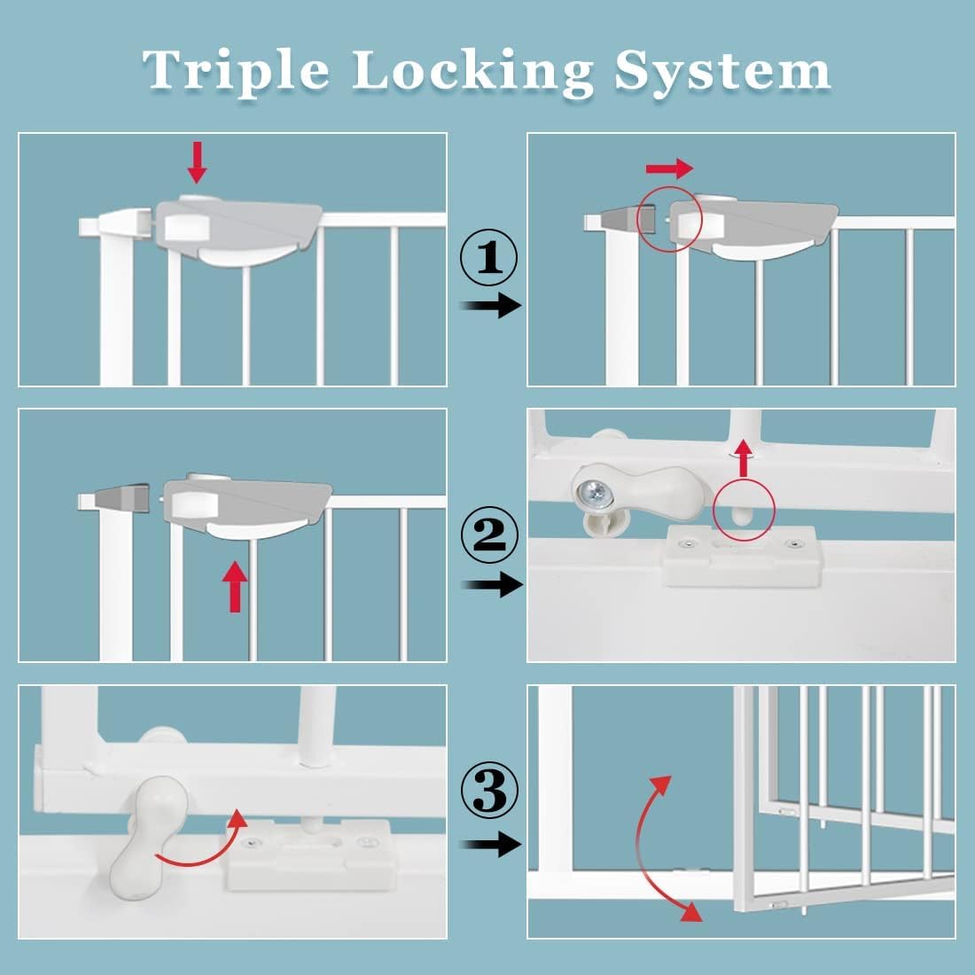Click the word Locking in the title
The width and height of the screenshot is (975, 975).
pyautogui.click(x=472, y=71)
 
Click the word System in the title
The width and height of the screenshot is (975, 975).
pyautogui.click(x=722, y=71)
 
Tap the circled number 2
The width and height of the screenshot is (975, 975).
pyautogui.click(x=488, y=534)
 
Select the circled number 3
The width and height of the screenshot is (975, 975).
pyautogui.click(x=488, y=792)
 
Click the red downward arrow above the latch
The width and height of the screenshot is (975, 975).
pyautogui.click(x=197, y=162)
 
